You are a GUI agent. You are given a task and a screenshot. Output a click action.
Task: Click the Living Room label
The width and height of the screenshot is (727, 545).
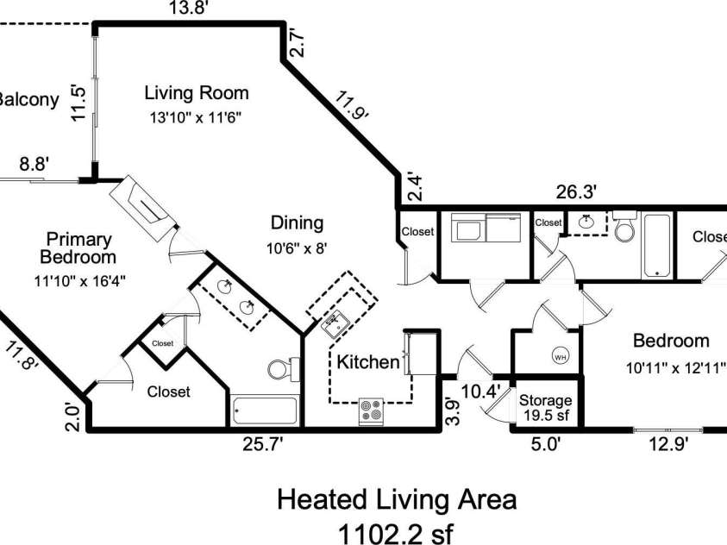click(x=197, y=92)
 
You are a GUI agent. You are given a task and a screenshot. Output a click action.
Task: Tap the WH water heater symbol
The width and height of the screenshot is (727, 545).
click(x=561, y=356)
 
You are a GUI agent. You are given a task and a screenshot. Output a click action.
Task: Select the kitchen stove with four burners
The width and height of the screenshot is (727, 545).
click(x=372, y=411)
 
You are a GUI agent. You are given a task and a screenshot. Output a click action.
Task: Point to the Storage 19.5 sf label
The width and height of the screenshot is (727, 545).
click(x=546, y=407)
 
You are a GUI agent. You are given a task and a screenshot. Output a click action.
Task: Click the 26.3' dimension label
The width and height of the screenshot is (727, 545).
click(x=576, y=191)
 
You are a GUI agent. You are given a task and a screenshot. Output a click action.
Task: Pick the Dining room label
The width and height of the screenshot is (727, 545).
click(x=297, y=222)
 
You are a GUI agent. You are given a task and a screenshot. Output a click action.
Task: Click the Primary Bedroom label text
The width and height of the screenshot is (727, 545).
click(x=78, y=248)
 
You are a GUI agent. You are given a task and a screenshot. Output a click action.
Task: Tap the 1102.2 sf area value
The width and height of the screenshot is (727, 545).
click(x=396, y=534)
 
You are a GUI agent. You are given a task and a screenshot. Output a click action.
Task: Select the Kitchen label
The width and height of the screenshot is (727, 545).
click(x=368, y=362)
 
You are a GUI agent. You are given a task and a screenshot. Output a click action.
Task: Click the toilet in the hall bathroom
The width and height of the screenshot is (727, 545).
click(x=626, y=226)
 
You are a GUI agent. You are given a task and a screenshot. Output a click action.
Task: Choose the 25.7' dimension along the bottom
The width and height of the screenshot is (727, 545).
click(x=262, y=444)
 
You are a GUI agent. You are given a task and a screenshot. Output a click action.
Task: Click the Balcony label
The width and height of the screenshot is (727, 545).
click(x=28, y=100)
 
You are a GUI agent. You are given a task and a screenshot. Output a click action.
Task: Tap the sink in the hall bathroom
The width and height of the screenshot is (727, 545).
click(x=587, y=222)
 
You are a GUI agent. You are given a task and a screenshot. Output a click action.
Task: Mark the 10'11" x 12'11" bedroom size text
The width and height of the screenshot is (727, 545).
click(x=675, y=368)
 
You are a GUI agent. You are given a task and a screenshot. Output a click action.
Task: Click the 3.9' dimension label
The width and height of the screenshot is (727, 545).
click(x=453, y=411)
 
